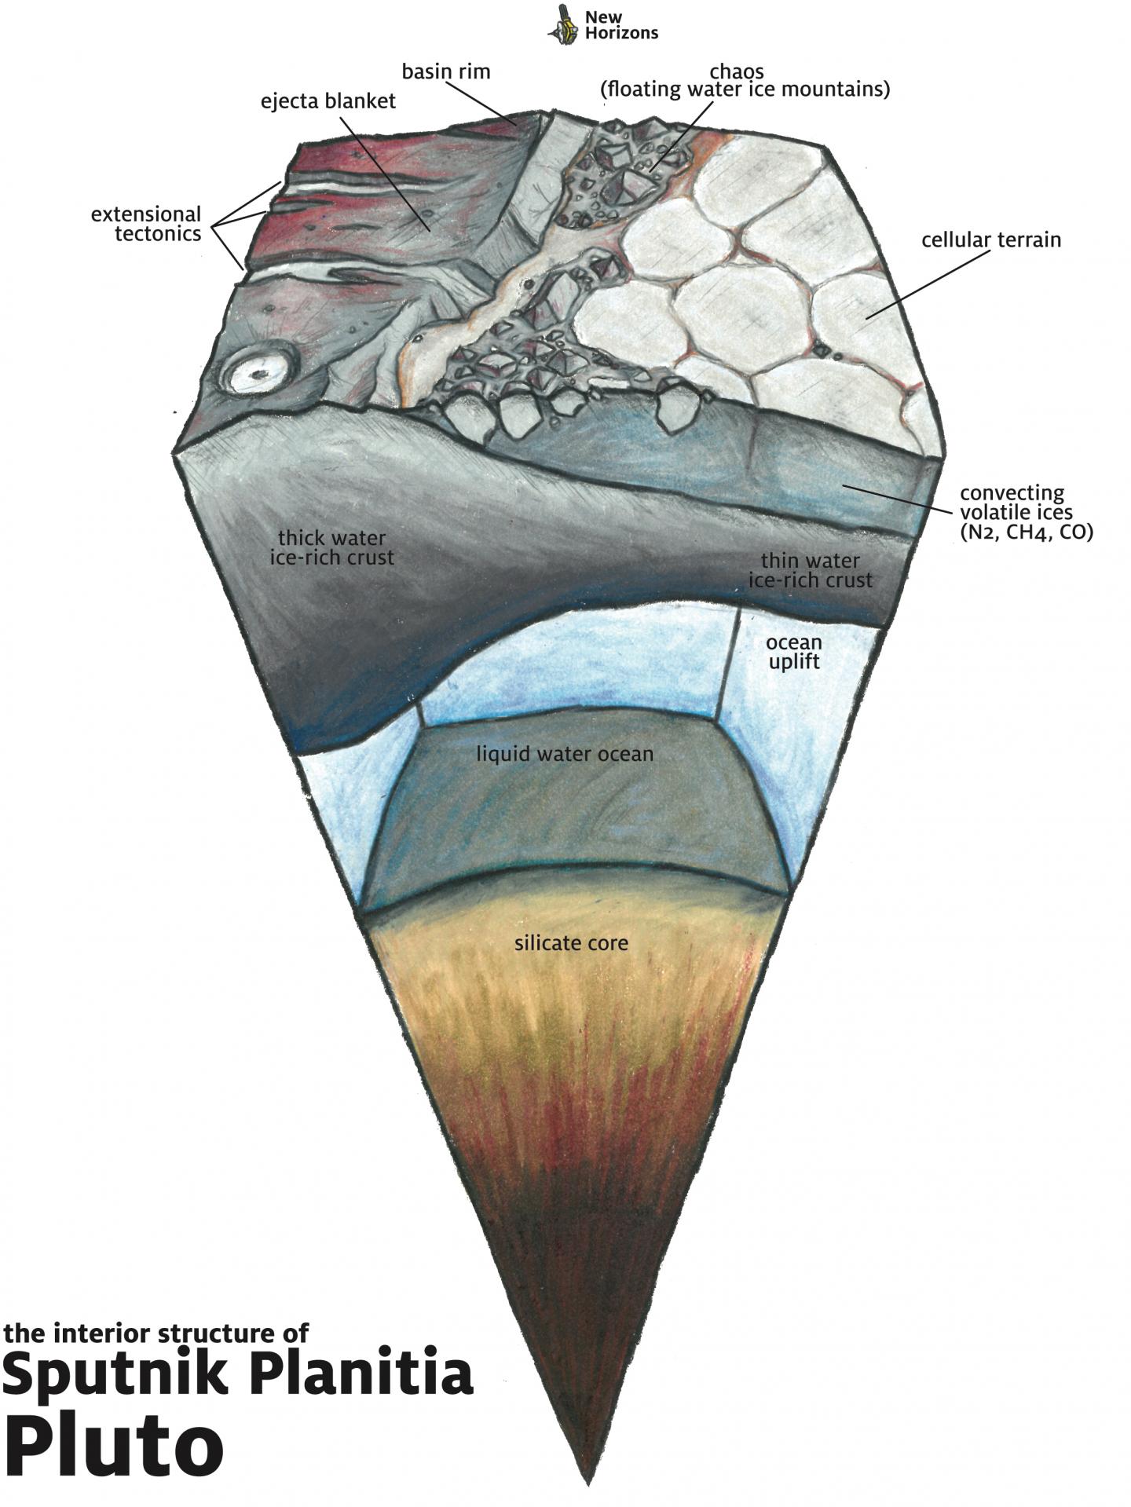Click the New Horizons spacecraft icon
click(562, 23)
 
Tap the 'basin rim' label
click(446, 71)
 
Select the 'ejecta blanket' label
click(328, 101)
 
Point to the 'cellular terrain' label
click(990, 240)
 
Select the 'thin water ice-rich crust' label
click(810, 571)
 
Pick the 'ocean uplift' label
click(794, 653)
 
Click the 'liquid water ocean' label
click(565, 754)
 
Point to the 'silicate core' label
click(571, 942)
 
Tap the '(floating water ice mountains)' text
click(745, 90)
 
